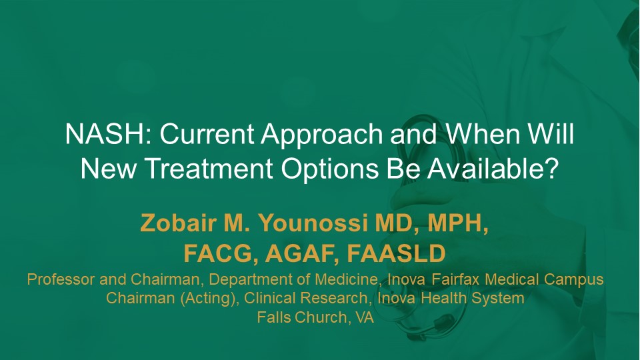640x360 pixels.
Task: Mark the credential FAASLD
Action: click(396, 253)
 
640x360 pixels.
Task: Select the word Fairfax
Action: click(456, 279)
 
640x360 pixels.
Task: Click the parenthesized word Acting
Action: click(208, 299)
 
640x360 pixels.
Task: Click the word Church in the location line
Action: click(319, 317)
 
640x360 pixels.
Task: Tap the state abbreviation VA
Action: click(365, 317)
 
